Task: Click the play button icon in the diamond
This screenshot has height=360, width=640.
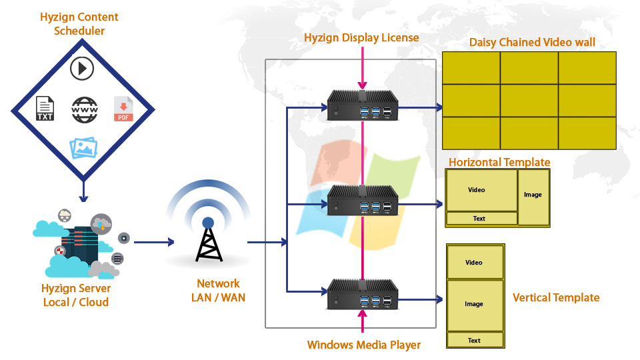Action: click(81, 69)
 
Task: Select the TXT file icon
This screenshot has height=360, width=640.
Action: click(45, 109)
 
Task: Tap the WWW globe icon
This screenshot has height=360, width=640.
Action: click(85, 109)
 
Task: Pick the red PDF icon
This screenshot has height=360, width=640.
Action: click(123, 109)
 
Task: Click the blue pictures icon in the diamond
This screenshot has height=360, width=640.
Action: click(84, 147)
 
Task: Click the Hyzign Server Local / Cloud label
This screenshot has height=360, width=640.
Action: click(76, 295)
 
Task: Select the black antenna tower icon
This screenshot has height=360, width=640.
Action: click(208, 239)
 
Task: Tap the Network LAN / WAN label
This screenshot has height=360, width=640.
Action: click(218, 291)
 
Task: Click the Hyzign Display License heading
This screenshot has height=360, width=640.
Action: click(361, 37)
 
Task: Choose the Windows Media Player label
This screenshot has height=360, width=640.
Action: click(364, 345)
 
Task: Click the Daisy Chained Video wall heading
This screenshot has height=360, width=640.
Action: click(532, 43)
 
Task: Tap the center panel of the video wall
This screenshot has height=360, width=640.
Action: click(529, 100)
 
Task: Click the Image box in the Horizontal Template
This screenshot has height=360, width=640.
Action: click(533, 195)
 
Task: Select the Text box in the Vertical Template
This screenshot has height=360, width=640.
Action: click(474, 340)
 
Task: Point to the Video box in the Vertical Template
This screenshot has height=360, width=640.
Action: click(474, 263)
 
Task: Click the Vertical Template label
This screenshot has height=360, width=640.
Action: click(556, 297)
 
